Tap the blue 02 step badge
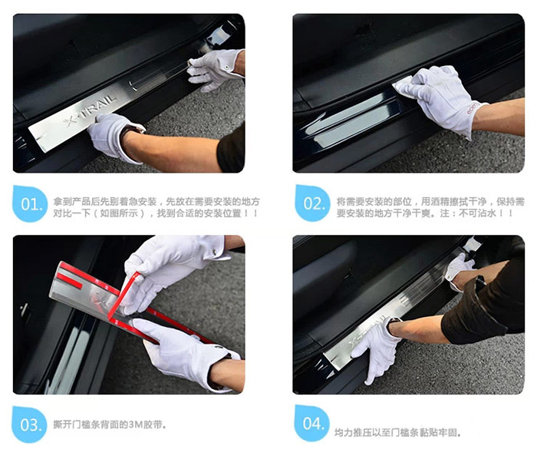tap(312, 204)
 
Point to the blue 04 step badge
tap(312, 424)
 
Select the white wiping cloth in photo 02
tap(405, 86)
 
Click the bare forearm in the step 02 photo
tap(502, 115)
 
